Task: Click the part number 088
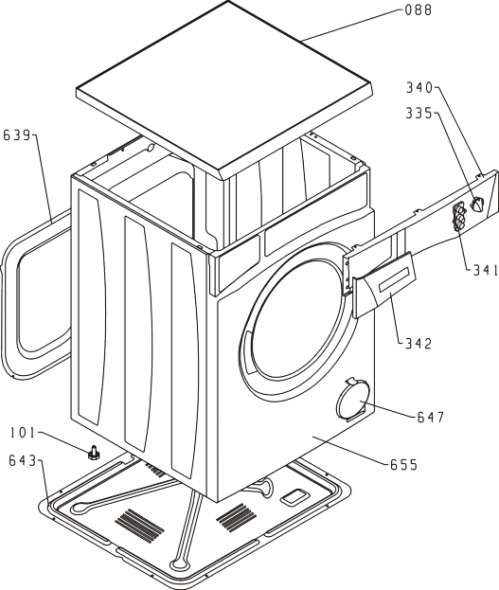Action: coord(419,10)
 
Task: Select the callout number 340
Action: coord(419,88)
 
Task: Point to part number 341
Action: coord(486,270)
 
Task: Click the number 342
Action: coord(419,343)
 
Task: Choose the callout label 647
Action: coord(431,417)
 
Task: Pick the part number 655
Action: coord(403,465)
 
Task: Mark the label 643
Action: coord(23,460)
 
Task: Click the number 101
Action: coord(23,433)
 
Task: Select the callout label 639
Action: coord(16,135)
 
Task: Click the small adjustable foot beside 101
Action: coord(93,453)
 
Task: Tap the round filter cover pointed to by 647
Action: coord(352,400)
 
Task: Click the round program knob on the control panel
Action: coord(476,205)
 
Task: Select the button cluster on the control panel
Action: coord(458,216)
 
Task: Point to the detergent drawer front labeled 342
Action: coord(383,285)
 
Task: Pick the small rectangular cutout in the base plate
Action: coord(294,497)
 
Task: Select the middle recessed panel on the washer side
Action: coord(138,333)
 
